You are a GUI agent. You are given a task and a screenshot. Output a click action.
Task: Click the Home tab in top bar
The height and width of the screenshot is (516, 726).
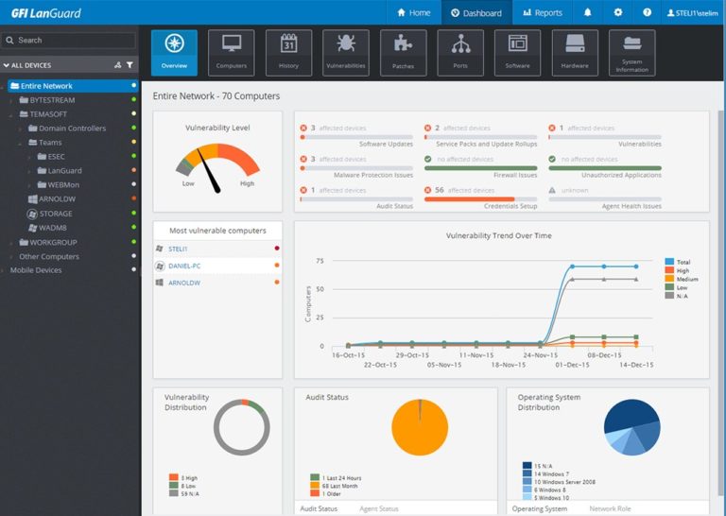[413, 13]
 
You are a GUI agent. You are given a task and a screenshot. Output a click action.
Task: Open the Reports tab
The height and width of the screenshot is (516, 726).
[542, 13]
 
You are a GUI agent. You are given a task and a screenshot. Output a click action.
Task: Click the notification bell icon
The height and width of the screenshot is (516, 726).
[588, 13]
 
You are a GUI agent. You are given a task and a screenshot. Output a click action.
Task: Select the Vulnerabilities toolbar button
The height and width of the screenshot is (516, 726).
[345, 53]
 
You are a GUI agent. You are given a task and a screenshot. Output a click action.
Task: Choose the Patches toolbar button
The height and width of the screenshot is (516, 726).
[403, 53]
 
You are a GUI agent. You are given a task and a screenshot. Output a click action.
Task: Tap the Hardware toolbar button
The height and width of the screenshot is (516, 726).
[574, 53]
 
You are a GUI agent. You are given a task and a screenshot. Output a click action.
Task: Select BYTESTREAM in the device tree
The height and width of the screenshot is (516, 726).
[52, 100]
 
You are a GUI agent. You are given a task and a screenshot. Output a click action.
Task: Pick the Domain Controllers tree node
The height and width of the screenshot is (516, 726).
[72, 129]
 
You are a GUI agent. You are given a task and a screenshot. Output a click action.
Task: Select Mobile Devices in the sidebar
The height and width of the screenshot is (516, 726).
[36, 270]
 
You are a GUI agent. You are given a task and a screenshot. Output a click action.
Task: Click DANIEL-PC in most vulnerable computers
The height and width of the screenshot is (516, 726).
[191, 266]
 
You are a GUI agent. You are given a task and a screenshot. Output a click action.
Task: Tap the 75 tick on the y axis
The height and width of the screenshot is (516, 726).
[320, 261]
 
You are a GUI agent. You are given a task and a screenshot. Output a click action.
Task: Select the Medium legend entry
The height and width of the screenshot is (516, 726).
[685, 279]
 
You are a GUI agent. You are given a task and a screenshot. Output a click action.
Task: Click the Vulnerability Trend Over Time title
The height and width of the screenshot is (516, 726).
[498, 235]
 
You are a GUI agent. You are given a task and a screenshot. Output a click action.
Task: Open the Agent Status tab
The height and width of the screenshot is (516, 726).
[378, 508]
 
